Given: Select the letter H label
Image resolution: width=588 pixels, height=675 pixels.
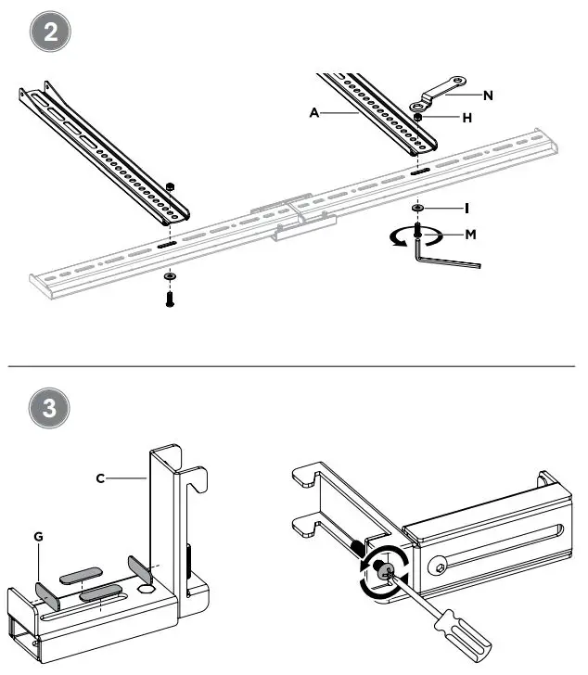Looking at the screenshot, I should pos(467,118).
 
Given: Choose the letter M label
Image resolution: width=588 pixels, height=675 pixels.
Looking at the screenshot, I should pos(471,234).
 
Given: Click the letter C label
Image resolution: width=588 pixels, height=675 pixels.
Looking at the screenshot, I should pos(100,479).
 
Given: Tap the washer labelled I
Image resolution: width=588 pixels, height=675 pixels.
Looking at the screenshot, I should pos(420,208).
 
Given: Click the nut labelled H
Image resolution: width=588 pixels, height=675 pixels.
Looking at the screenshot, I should pos(420,118).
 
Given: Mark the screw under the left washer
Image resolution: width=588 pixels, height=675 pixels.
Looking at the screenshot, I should pos(169,299).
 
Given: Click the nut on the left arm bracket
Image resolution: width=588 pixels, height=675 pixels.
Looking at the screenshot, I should pos(170,187).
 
